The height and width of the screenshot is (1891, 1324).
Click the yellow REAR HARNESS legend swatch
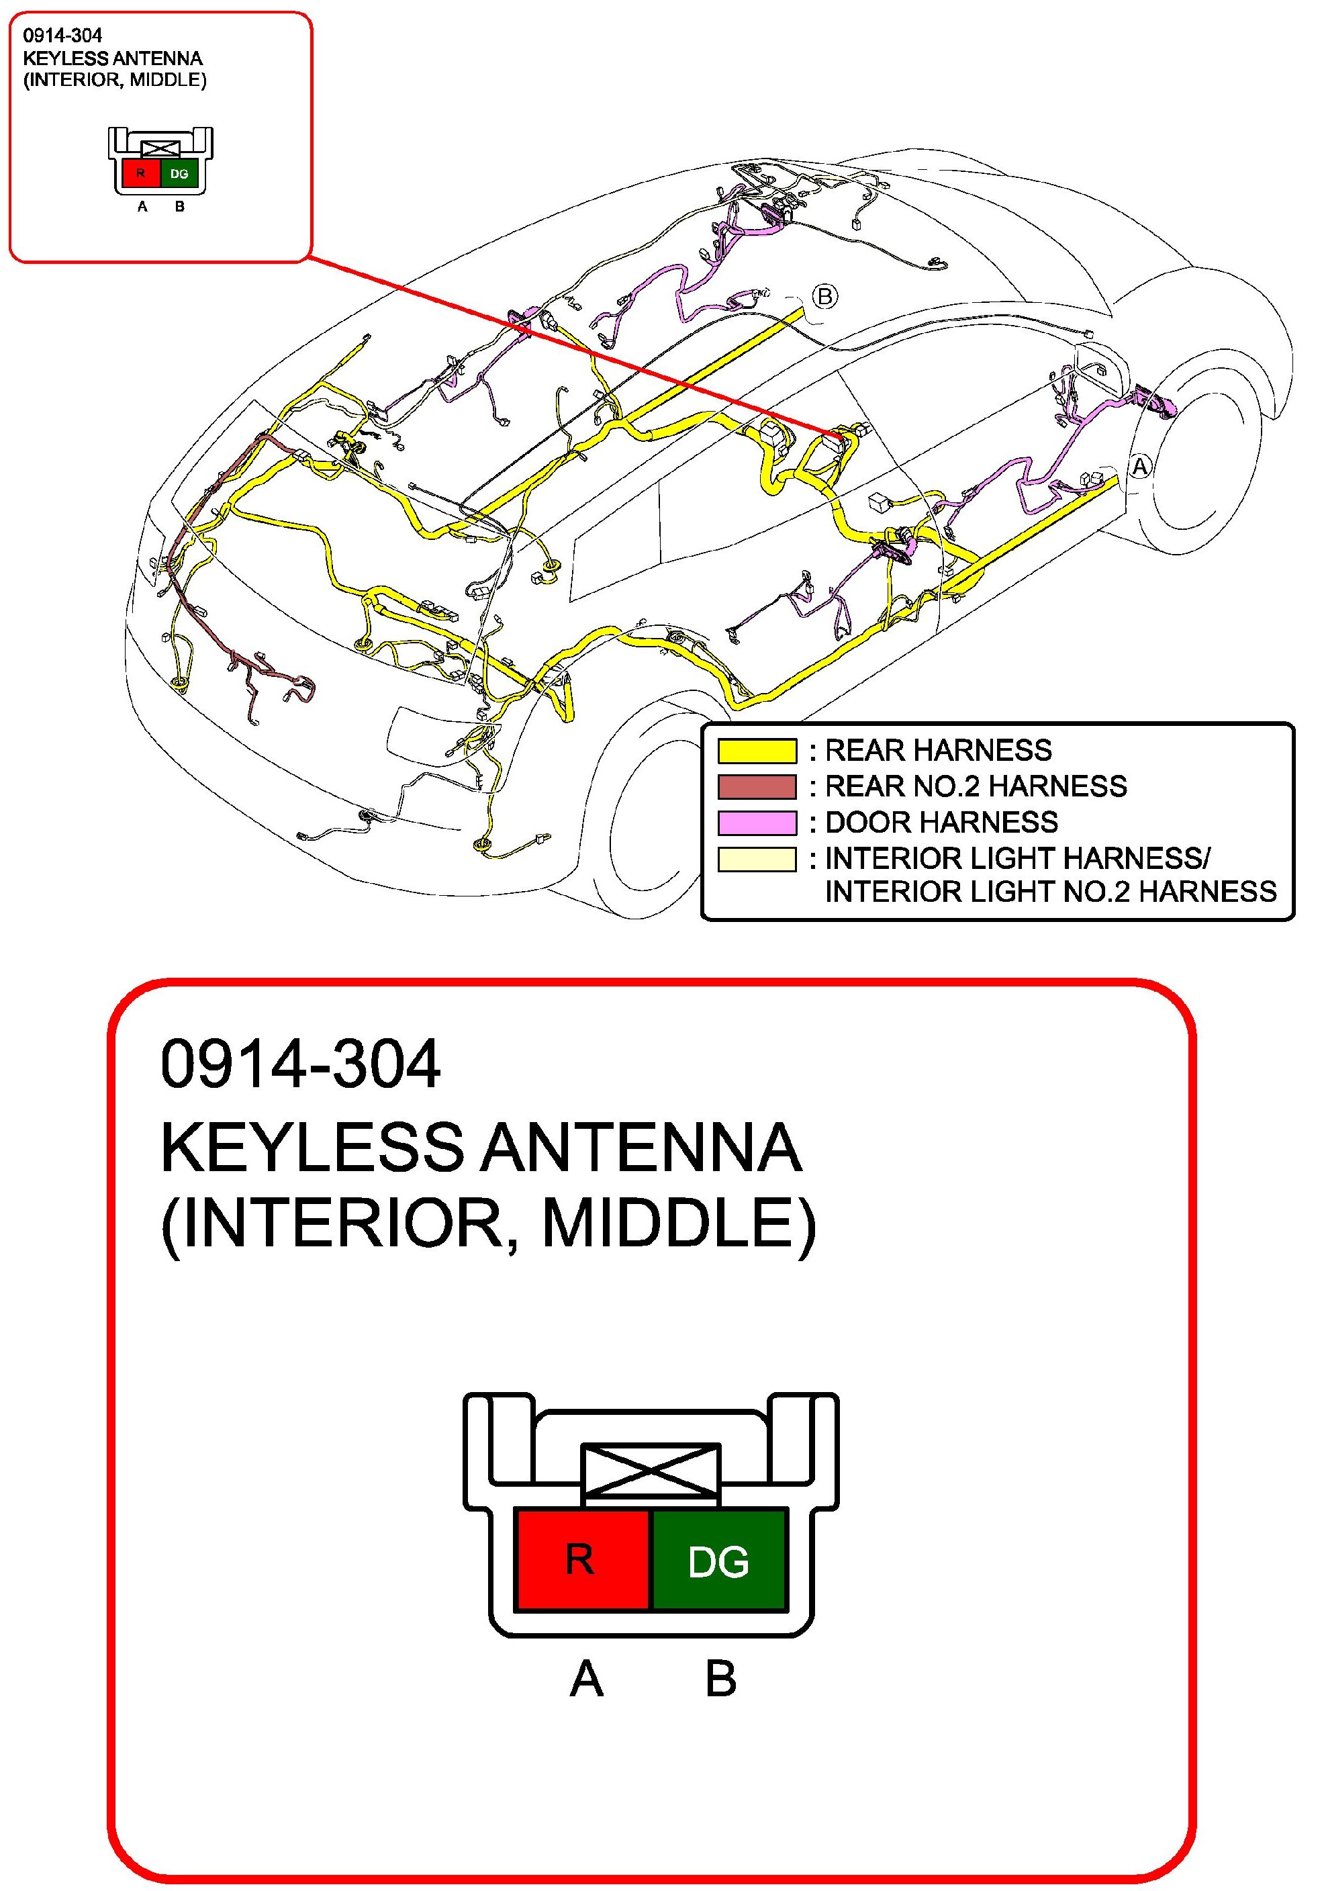click(757, 750)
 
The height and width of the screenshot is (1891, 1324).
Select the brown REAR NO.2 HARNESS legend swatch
click(757, 786)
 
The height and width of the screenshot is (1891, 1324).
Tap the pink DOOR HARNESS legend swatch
click(757, 823)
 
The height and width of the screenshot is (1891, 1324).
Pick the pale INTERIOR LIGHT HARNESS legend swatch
click(757, 859)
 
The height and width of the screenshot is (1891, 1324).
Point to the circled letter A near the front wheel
click(1139, 466)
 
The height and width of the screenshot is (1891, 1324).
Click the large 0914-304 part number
click(301, 1064)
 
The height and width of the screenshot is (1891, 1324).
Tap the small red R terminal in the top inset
click(141, 174)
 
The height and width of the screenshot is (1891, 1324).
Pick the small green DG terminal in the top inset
click(179, 174)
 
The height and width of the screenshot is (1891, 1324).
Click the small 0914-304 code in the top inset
click(62, 36)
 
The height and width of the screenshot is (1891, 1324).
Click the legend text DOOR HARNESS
click(941, 822)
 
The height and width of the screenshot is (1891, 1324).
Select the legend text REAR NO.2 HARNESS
click(976, 786)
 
